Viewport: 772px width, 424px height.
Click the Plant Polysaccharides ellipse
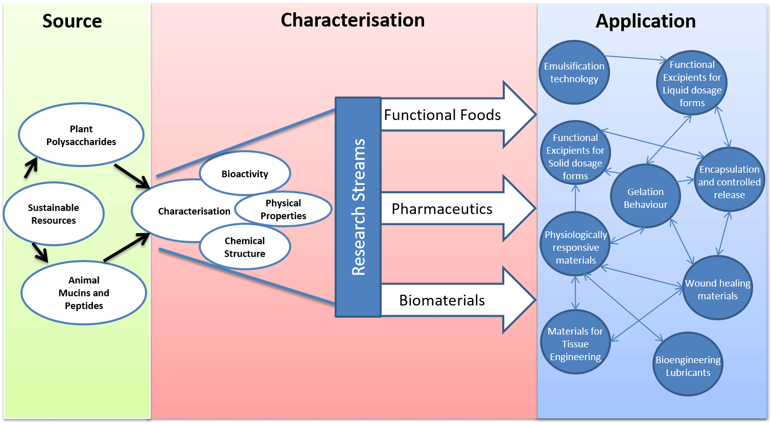coord(81,135)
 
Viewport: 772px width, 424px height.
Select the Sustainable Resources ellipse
coord(54,214)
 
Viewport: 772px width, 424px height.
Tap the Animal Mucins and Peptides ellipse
coord(84,293)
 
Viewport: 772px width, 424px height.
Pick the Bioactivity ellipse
coord(245,174)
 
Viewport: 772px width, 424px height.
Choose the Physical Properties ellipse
coord(284,209)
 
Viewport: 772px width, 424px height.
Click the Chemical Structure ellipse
coord(245,247)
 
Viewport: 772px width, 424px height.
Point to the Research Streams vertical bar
coord(358,207)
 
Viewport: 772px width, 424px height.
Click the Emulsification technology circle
coord(574,73)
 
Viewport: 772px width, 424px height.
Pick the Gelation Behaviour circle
coord(645,198)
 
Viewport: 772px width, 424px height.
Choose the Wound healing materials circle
coord(717,289)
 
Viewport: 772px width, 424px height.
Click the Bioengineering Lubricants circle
coord(688,366)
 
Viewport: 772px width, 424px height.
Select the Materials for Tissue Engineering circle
coord(575,344)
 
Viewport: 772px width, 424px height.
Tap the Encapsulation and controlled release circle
coord(729,181)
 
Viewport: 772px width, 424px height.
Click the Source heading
coord(72,21)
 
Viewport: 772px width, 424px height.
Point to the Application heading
coord(645,21)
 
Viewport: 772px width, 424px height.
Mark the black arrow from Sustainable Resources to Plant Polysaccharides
coord(31,168)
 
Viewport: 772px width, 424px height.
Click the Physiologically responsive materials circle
coord(575,247)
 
